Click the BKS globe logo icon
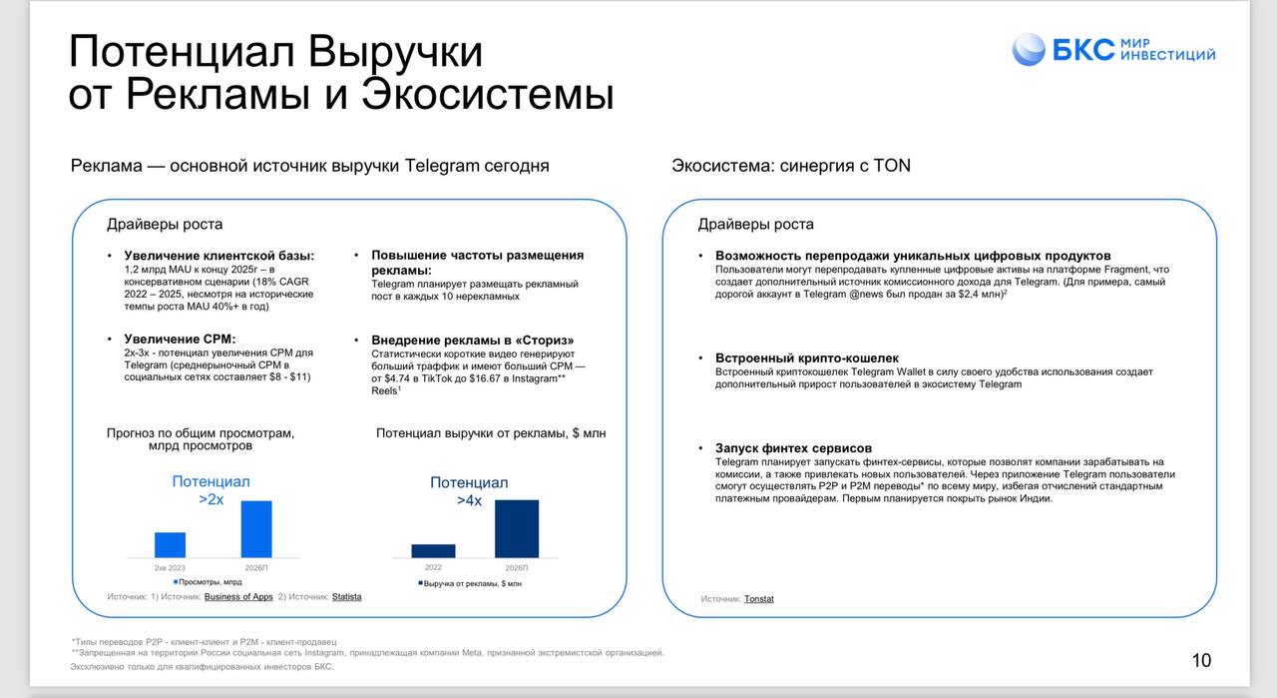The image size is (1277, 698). click(1029, 50)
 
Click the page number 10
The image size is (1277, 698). click(1201, 660)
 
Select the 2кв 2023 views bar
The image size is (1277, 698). click(170, 545)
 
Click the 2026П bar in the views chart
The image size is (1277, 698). click(256, 529)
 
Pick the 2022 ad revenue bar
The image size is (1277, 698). click(433, 551)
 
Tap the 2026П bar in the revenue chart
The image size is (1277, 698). click(516, 529)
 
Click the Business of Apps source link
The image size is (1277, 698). click(238, 597)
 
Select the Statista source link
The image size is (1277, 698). click(346, 597)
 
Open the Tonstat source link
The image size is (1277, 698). click(758, 599)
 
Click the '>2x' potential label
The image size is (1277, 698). click(211, 499)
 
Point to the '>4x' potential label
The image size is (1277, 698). click(469, 500)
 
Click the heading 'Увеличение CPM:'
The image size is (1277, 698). click(180, 340)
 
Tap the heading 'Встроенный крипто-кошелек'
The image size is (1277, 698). click(806, 358)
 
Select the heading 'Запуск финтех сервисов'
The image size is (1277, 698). click(793, 448)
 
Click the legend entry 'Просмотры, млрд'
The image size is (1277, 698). click(210, 581)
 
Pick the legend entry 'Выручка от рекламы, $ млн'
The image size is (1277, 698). click(471, 583)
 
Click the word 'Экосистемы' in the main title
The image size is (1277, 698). click(487, 96)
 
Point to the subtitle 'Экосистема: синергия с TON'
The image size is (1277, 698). click(791, 166)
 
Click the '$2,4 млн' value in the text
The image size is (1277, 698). click(978, 295)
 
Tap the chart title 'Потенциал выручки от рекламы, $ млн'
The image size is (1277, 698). click(491, 433)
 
